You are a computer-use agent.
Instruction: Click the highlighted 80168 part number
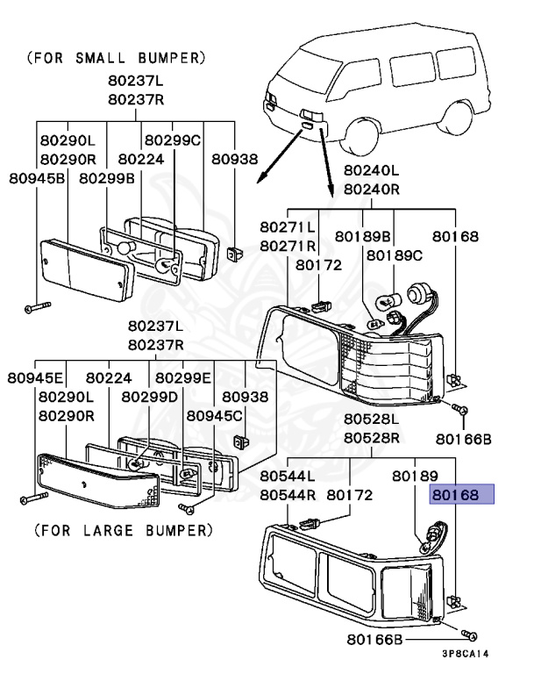(x=461, y=495)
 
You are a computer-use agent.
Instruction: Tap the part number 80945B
(x=36, y=178)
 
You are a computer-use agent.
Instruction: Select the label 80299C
(x=173, y=140)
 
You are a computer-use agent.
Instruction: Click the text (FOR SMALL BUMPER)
(x=117, y=59)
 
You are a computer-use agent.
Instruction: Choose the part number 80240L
(x=371, y=171)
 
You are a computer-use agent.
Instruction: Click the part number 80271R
(x=288, y=245)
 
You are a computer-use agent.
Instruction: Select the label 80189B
(x=364, y=235)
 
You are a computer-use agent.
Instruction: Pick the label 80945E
(x=36, y=378)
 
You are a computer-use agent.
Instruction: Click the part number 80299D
(x=150, y=397)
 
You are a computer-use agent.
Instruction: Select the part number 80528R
(x=371, y=437)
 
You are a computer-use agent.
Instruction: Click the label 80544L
(x=288, y=476)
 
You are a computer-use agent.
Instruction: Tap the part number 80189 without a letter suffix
(x=415, y=476)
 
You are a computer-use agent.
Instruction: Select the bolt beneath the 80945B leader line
(x=36, y=308)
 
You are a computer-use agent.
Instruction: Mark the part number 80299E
(x=183, y=378)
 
